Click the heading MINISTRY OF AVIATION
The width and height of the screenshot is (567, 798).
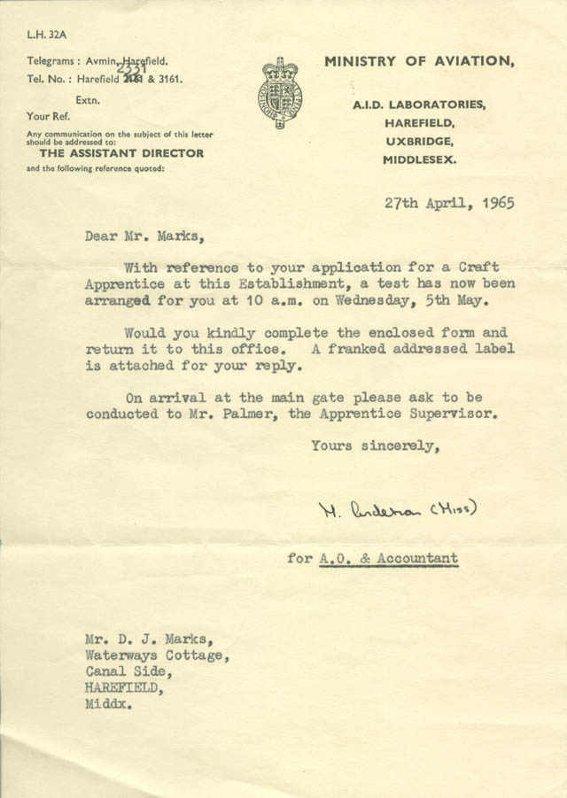417,61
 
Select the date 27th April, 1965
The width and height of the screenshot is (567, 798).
449,202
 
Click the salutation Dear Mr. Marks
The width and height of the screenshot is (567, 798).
143,236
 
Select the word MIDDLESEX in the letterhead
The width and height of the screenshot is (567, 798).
421,160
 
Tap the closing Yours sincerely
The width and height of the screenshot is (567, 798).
376,446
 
